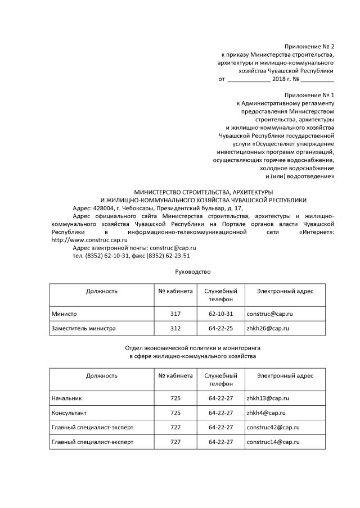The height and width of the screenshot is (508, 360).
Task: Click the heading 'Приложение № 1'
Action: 309,95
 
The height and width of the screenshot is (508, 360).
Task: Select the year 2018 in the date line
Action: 278,79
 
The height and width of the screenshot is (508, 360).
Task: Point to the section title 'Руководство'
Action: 193,272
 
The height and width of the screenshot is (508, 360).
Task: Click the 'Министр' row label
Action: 64,313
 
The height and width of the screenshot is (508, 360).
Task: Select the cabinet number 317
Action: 175,313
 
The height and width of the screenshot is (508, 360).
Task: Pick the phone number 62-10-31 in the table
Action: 220,313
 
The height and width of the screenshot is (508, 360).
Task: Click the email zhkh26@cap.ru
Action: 268,328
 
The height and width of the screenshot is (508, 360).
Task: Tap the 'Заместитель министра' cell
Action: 83,328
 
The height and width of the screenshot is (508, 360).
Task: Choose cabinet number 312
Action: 175,328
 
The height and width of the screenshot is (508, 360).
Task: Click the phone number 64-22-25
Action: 220,328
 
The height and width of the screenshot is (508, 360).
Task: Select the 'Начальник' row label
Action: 66,398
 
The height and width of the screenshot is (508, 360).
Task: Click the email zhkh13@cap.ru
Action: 268,398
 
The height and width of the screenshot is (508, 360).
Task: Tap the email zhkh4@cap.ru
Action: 266,412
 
